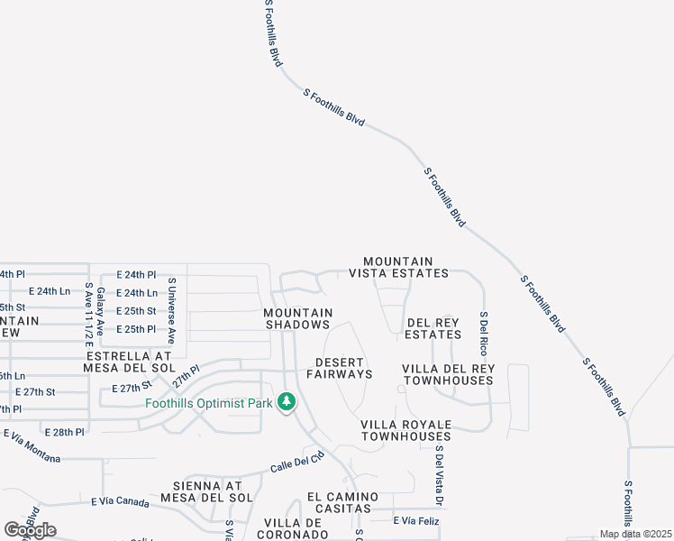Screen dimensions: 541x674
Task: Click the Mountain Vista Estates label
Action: pyautogui.click(x=398, y=267)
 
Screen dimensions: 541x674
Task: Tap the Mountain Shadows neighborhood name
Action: pyautogui.click(x=298, y=318)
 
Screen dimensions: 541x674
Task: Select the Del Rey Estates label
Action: pyautogui.click(x=433, y=328)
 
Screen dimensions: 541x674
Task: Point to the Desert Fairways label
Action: pyautogui.click(x=339, y=368)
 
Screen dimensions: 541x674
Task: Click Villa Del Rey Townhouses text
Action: pyautogui.click(x=448, y=374)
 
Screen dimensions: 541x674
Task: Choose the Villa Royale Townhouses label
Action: pyautogui.click(x=405, y=430)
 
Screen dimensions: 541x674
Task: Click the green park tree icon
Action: pyautogui.click(x=287, y=401)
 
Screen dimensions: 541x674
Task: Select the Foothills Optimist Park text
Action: pyautogui.click(x=209, y=403)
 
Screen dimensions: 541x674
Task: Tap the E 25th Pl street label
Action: pyautogui.click(x=136, y=329)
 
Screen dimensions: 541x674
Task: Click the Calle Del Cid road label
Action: pyautogui.click(x=296, y=463)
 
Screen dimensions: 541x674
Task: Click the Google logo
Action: pyautogui.click(x=31, y=530)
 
